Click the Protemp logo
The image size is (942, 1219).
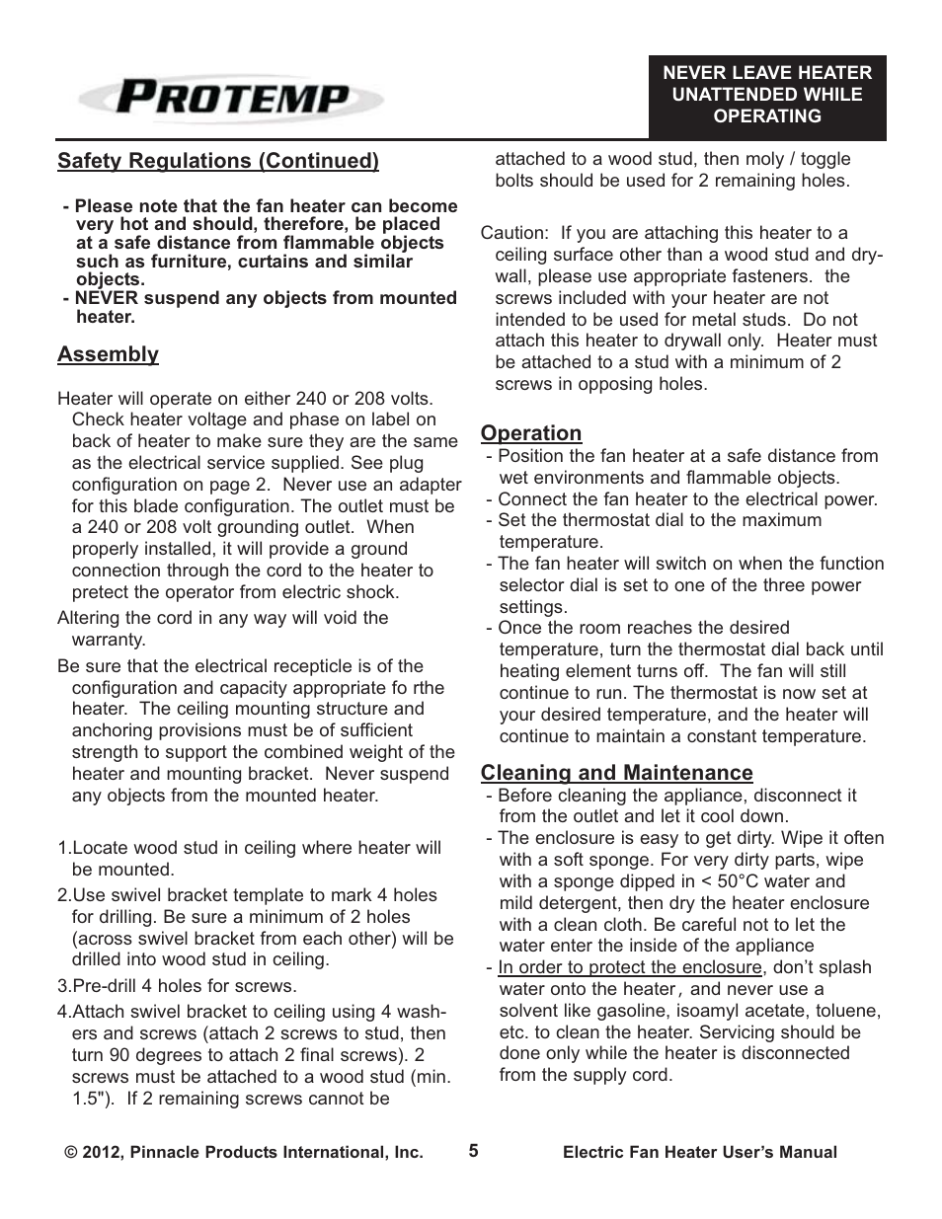pyautogui.click(x=232, y=99)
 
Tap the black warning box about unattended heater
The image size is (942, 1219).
pyautogui.click(x=766, y=95)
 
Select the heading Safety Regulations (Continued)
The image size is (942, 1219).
pyautogui.click(x=218, y=161)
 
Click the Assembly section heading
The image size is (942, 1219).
pyautogui.click(x=108, y=354)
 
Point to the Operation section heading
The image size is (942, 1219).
pyautogui.click(x=530, y=433)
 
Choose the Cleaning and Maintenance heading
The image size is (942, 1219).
pyautogui.click(x=616, y=773)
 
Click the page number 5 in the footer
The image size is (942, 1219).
pyautogui.click(x=473, y=1151)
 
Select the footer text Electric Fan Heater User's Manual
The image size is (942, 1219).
pyautogui.click(x=699, y=1152)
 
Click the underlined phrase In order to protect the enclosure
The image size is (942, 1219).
pyautogui.click(x=629, y=967)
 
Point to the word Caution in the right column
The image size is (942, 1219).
pyautogui.click(x=513, y=233)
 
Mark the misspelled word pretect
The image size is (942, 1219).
pyautogui.click(x=103, y=592)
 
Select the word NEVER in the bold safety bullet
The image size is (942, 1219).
pyautogui.click(x=106, y=298)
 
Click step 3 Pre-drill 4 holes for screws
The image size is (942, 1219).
pyautogui.click(x=177, y=986)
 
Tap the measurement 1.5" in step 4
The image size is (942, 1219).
pyautogui.click(x=91, y=1099)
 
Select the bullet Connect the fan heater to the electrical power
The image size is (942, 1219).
pyautogui.click(x=686, y=499)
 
